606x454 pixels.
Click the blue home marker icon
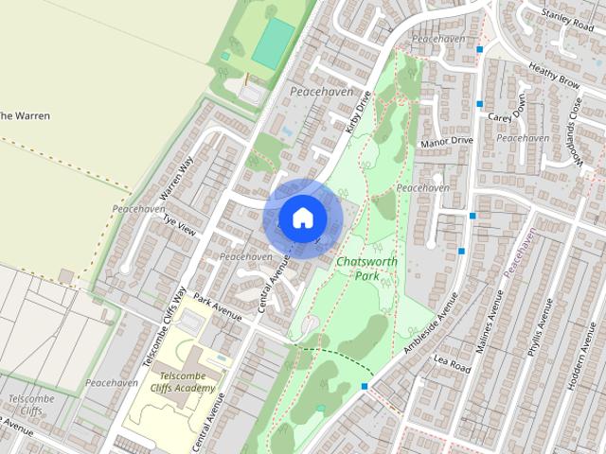(302, 218)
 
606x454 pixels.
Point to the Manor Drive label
(445, 141)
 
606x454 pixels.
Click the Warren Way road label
(177, 177)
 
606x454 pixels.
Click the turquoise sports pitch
(273, 43)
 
